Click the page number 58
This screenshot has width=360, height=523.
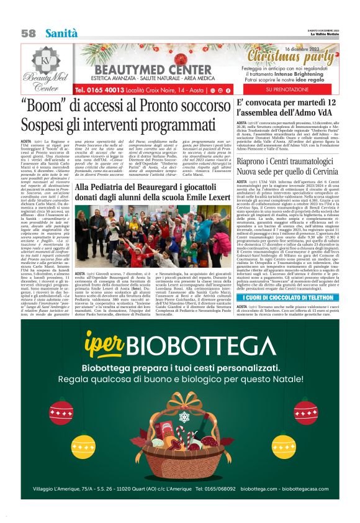tap(28, 32)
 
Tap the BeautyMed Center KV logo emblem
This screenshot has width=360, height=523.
tap(47, 57)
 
